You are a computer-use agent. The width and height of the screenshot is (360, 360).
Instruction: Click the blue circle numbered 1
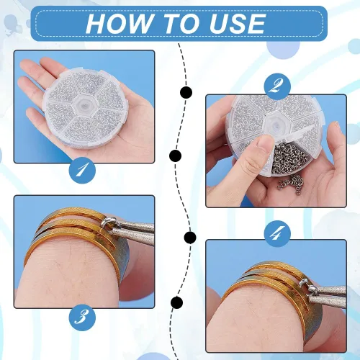[x=82, y=171]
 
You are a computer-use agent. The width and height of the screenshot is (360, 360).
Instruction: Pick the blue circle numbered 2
[x=277, y=86]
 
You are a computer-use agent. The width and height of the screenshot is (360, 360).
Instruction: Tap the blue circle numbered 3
[x=82, y=318]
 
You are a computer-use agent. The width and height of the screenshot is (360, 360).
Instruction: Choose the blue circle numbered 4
[x=277, y=233]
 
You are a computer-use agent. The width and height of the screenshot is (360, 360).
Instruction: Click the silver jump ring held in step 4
[x=308, y=287]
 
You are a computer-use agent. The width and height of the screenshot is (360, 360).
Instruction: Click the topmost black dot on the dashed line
[x=186, y=92]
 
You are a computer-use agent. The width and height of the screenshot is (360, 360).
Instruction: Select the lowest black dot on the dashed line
[x=177, y=302]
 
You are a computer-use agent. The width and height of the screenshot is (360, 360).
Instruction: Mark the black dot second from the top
[x=175, y=156]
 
